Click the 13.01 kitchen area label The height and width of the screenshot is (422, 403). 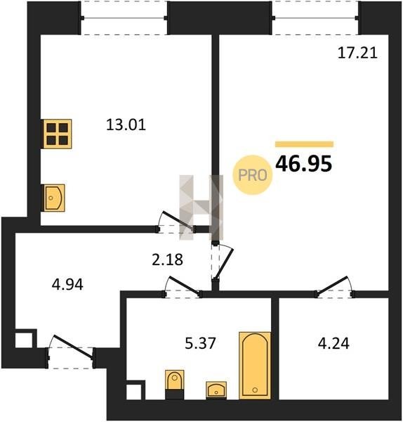[126, 125]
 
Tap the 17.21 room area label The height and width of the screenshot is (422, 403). [357, 53]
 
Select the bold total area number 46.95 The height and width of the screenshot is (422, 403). [304, 164]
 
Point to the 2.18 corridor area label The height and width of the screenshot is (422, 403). [167, 260]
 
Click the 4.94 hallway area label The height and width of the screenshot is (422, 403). [67, 284]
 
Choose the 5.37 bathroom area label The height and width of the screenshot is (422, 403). [200, 343]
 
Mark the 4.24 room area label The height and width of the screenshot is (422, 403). [333, 343]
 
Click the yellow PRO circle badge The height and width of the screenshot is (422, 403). [253, 175]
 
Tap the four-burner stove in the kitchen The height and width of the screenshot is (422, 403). [58, 134]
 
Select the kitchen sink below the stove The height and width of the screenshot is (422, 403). [54, 198]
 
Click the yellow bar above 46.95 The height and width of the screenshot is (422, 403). [305, 144]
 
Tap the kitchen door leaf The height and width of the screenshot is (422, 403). [178, 221]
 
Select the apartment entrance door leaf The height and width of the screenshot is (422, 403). [73, 346]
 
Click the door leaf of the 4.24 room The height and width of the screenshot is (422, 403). [332, 286]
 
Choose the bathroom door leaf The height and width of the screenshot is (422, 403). [184, 286]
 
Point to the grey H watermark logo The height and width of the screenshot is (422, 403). [201, 207]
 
